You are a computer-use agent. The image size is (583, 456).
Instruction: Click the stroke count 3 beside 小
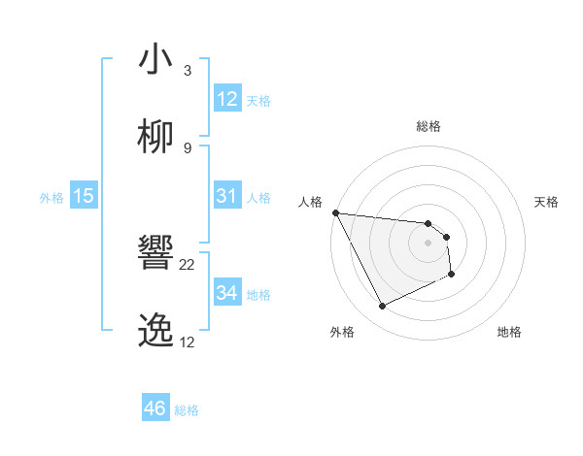coord(187,70)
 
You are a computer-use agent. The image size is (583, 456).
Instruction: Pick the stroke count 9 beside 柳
coord(187,147)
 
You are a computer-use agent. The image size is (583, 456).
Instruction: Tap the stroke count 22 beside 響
coord(188,264)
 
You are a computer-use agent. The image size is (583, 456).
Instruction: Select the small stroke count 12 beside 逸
coord(187,342)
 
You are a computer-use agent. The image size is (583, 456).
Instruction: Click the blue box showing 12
coord(227,99)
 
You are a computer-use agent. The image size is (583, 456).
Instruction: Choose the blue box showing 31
coord(227,196)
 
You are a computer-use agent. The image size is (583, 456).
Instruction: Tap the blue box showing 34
coord(227,293)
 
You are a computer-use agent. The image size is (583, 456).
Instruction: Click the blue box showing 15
coord(84,196)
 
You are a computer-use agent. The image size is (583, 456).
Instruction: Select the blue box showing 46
coord(155,408)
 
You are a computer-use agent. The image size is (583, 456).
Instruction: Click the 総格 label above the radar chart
coord(429,126)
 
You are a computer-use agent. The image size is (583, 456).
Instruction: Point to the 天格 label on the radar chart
coord(547,202)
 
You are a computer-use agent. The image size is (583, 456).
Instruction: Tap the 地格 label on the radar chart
coord(509,332)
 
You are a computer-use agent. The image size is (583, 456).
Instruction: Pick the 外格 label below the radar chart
coord(343,332)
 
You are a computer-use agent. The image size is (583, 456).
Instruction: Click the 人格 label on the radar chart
coord(309,202)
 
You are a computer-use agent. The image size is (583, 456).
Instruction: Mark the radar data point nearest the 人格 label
coord(335,212)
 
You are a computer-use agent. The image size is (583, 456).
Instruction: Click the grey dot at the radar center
coord(429,243)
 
